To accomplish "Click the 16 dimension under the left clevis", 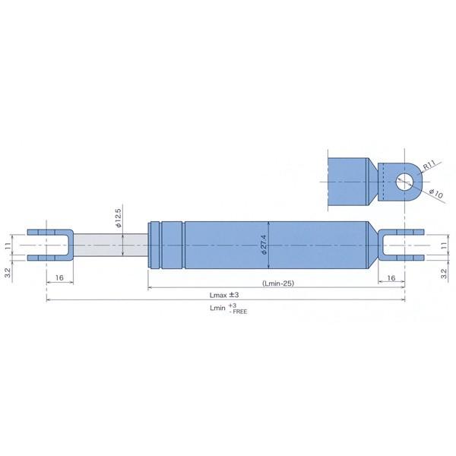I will pyautogui.click(x=59, y=279).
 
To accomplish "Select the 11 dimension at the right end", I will pyautogui.click(x=444, y=245).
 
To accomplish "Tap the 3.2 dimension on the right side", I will pyautogui.click(x=444, y=270).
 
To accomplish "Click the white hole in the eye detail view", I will pyautogui.click(x=404, y=181).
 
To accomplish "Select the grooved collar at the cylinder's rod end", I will pyautogui.click(x=166, y=245).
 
